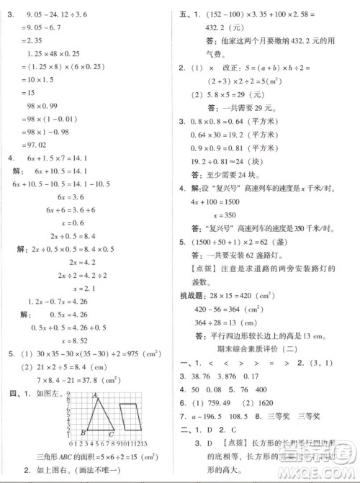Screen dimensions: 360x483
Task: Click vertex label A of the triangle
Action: tap(95, 396)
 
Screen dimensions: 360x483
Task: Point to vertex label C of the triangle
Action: tap(110, 433)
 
